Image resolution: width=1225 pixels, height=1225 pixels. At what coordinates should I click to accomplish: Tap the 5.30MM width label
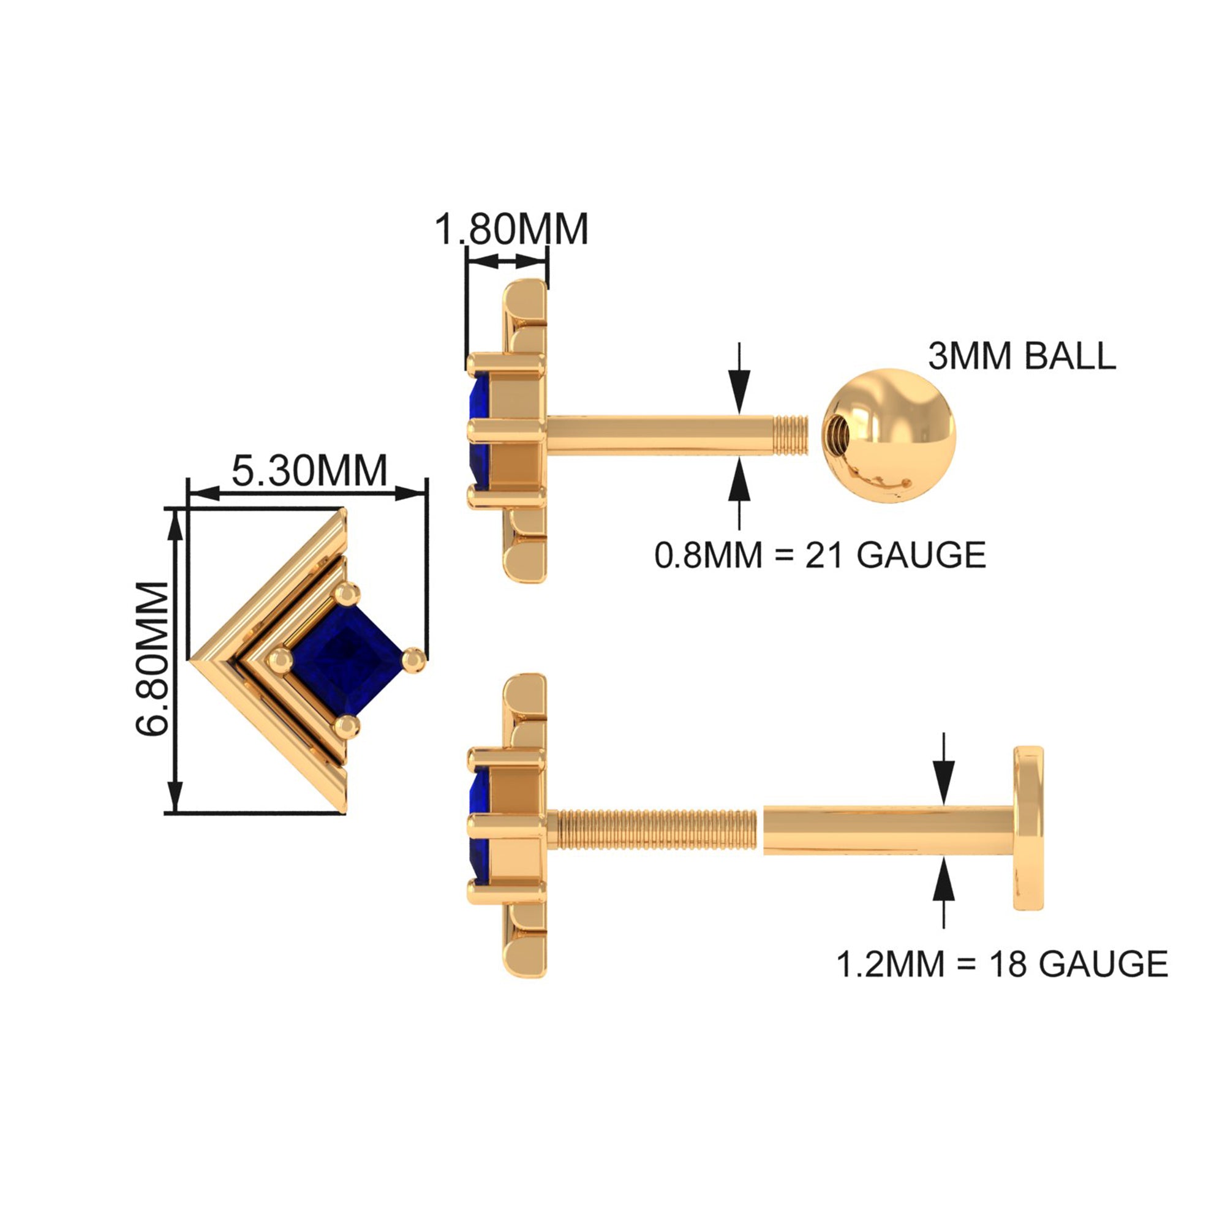pyautogui.click(x=309, y=470)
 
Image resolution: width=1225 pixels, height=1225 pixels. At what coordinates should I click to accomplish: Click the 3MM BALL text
pyautogui.click(x=1022, y=356)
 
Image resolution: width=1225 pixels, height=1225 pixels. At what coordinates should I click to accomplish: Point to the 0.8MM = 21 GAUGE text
pyautogui.click(x=820, y=556)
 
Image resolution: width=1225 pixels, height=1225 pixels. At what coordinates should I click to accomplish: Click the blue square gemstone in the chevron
pyautogui.click(x=346, y=660)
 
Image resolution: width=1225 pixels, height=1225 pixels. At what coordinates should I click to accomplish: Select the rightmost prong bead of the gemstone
pyautogui.click(x=414, y=660)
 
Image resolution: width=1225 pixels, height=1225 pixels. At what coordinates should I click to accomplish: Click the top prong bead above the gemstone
pyautogui.click(x=347, y=595)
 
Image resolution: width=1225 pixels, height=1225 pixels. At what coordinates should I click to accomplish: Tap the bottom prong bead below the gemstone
pyautogui.click(x=347, y=726)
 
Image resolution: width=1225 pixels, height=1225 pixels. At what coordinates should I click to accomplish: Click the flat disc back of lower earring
pyautogui.click(x=1028, y=828)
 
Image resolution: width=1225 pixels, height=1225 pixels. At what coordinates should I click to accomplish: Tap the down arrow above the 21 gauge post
pyautogui.click(x=739, y=382)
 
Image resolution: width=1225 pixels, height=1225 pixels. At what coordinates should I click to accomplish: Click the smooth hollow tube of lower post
pyautogui.click(x=888, y=829)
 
